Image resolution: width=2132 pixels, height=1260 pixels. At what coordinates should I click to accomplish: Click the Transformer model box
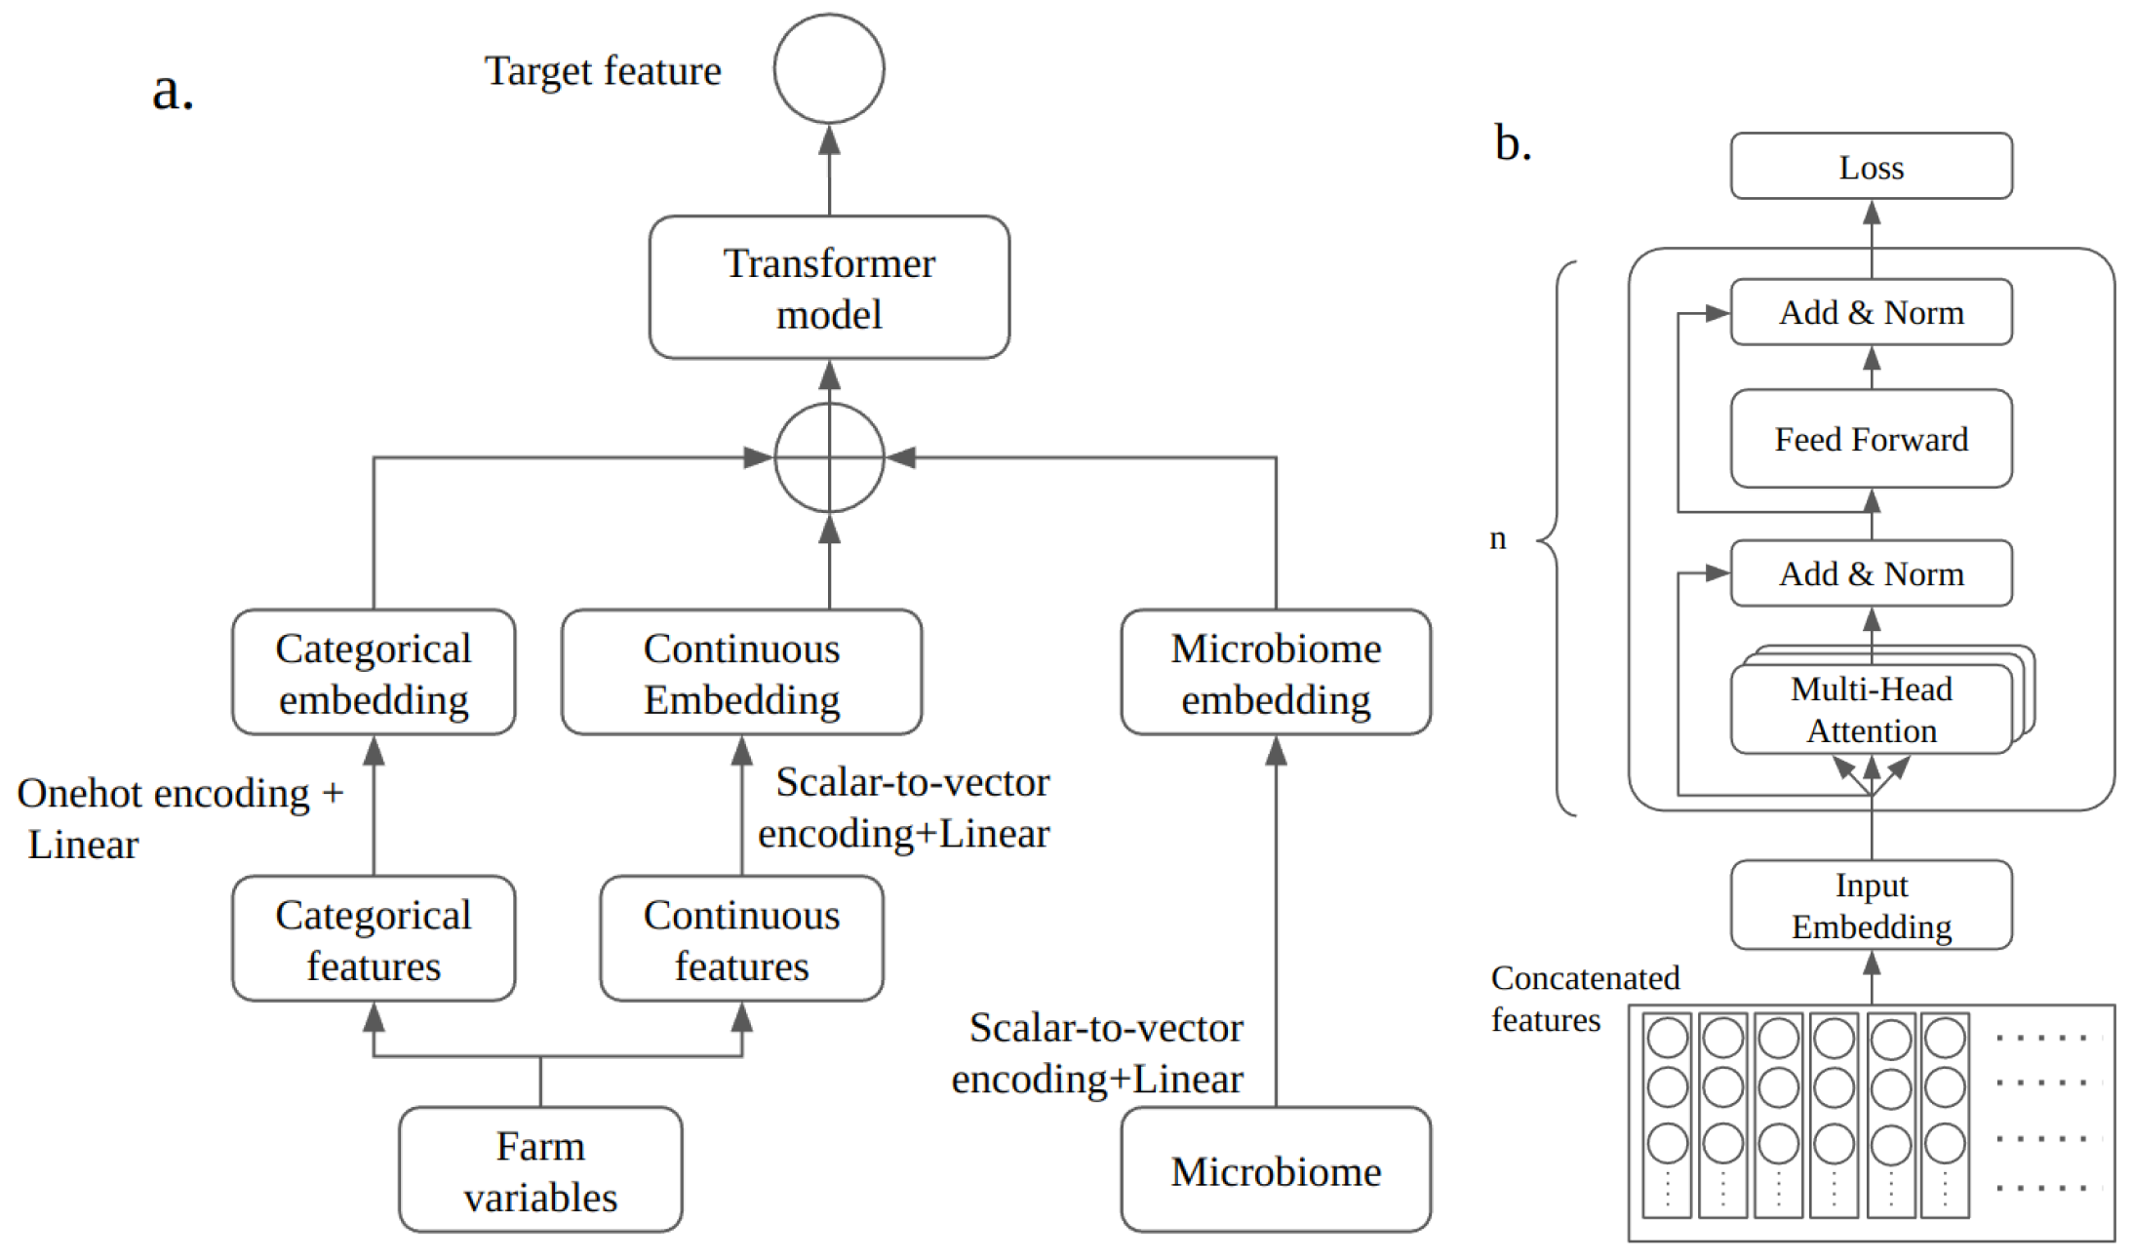[x=828, y=288]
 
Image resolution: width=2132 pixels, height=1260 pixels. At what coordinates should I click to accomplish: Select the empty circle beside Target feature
[x=828, y=68]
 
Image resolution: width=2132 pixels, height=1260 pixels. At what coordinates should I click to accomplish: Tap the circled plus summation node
[x=828, y=456]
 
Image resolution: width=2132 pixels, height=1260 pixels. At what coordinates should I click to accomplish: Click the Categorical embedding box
[x=374, y=673]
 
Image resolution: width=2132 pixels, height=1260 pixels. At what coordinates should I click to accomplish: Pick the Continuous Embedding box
[x=741, y=673]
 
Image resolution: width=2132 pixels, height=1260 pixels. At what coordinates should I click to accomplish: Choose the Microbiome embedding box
[x=1275, y=673]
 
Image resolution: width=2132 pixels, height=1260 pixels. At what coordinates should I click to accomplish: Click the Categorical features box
[x=374, y=938]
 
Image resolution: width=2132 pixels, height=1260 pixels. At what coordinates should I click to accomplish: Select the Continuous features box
[x=741, y=938]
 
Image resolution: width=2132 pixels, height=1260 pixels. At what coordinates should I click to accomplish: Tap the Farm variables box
[x=540, y=1169]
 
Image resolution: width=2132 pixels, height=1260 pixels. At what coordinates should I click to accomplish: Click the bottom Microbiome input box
[x=1275, y=1169]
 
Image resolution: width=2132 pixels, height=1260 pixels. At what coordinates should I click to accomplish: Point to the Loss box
[x=1871, y=167]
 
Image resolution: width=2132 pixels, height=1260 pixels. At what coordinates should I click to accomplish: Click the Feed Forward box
[x=1871, y=439]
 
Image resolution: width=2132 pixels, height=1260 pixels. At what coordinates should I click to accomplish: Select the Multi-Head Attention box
[x=1871, y=710]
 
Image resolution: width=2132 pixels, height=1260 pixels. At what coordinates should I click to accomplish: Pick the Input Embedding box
[x=1871, y=905]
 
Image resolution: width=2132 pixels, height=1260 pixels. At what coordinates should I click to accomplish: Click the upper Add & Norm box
[x=1871, y=312]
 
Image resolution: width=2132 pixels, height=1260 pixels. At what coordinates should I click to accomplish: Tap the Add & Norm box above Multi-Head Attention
[x=1871, y=573]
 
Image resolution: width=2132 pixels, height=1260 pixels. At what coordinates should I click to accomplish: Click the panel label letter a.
[x=173, y=91]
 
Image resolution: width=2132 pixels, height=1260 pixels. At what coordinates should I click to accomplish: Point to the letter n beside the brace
[x=1497, y=537]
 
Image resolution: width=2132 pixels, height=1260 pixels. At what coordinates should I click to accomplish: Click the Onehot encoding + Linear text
[x=179, y=817]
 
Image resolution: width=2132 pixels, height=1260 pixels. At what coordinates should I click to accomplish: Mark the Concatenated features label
[x=1584, y=998]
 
